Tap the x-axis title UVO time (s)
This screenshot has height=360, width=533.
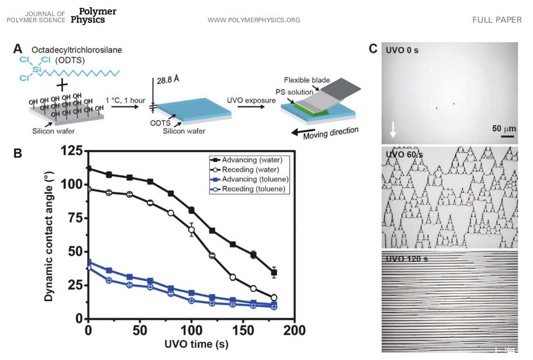[196, 344]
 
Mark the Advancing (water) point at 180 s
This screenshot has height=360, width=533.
[274, 272]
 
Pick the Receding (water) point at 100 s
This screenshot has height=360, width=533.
[192, 230]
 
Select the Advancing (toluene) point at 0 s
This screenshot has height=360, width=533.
[89, 262]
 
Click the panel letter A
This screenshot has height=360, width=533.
[18, 49]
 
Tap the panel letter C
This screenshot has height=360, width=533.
[373, 49]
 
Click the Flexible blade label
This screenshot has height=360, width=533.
[307, 80]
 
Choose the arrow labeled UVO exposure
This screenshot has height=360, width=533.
[250, 108]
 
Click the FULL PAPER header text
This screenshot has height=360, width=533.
[497, 20]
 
